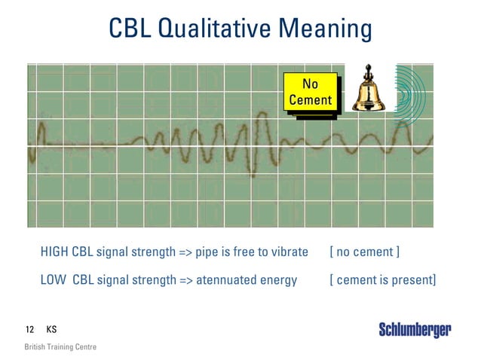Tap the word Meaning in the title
[x=325, y=29]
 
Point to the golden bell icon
[x=369, y=91]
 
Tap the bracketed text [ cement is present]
[x=382, y=280]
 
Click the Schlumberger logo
[x=415, y=330]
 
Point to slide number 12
[x=30, y=330]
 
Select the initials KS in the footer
[x=51, y=330]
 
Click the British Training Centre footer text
[x=60, y=347]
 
